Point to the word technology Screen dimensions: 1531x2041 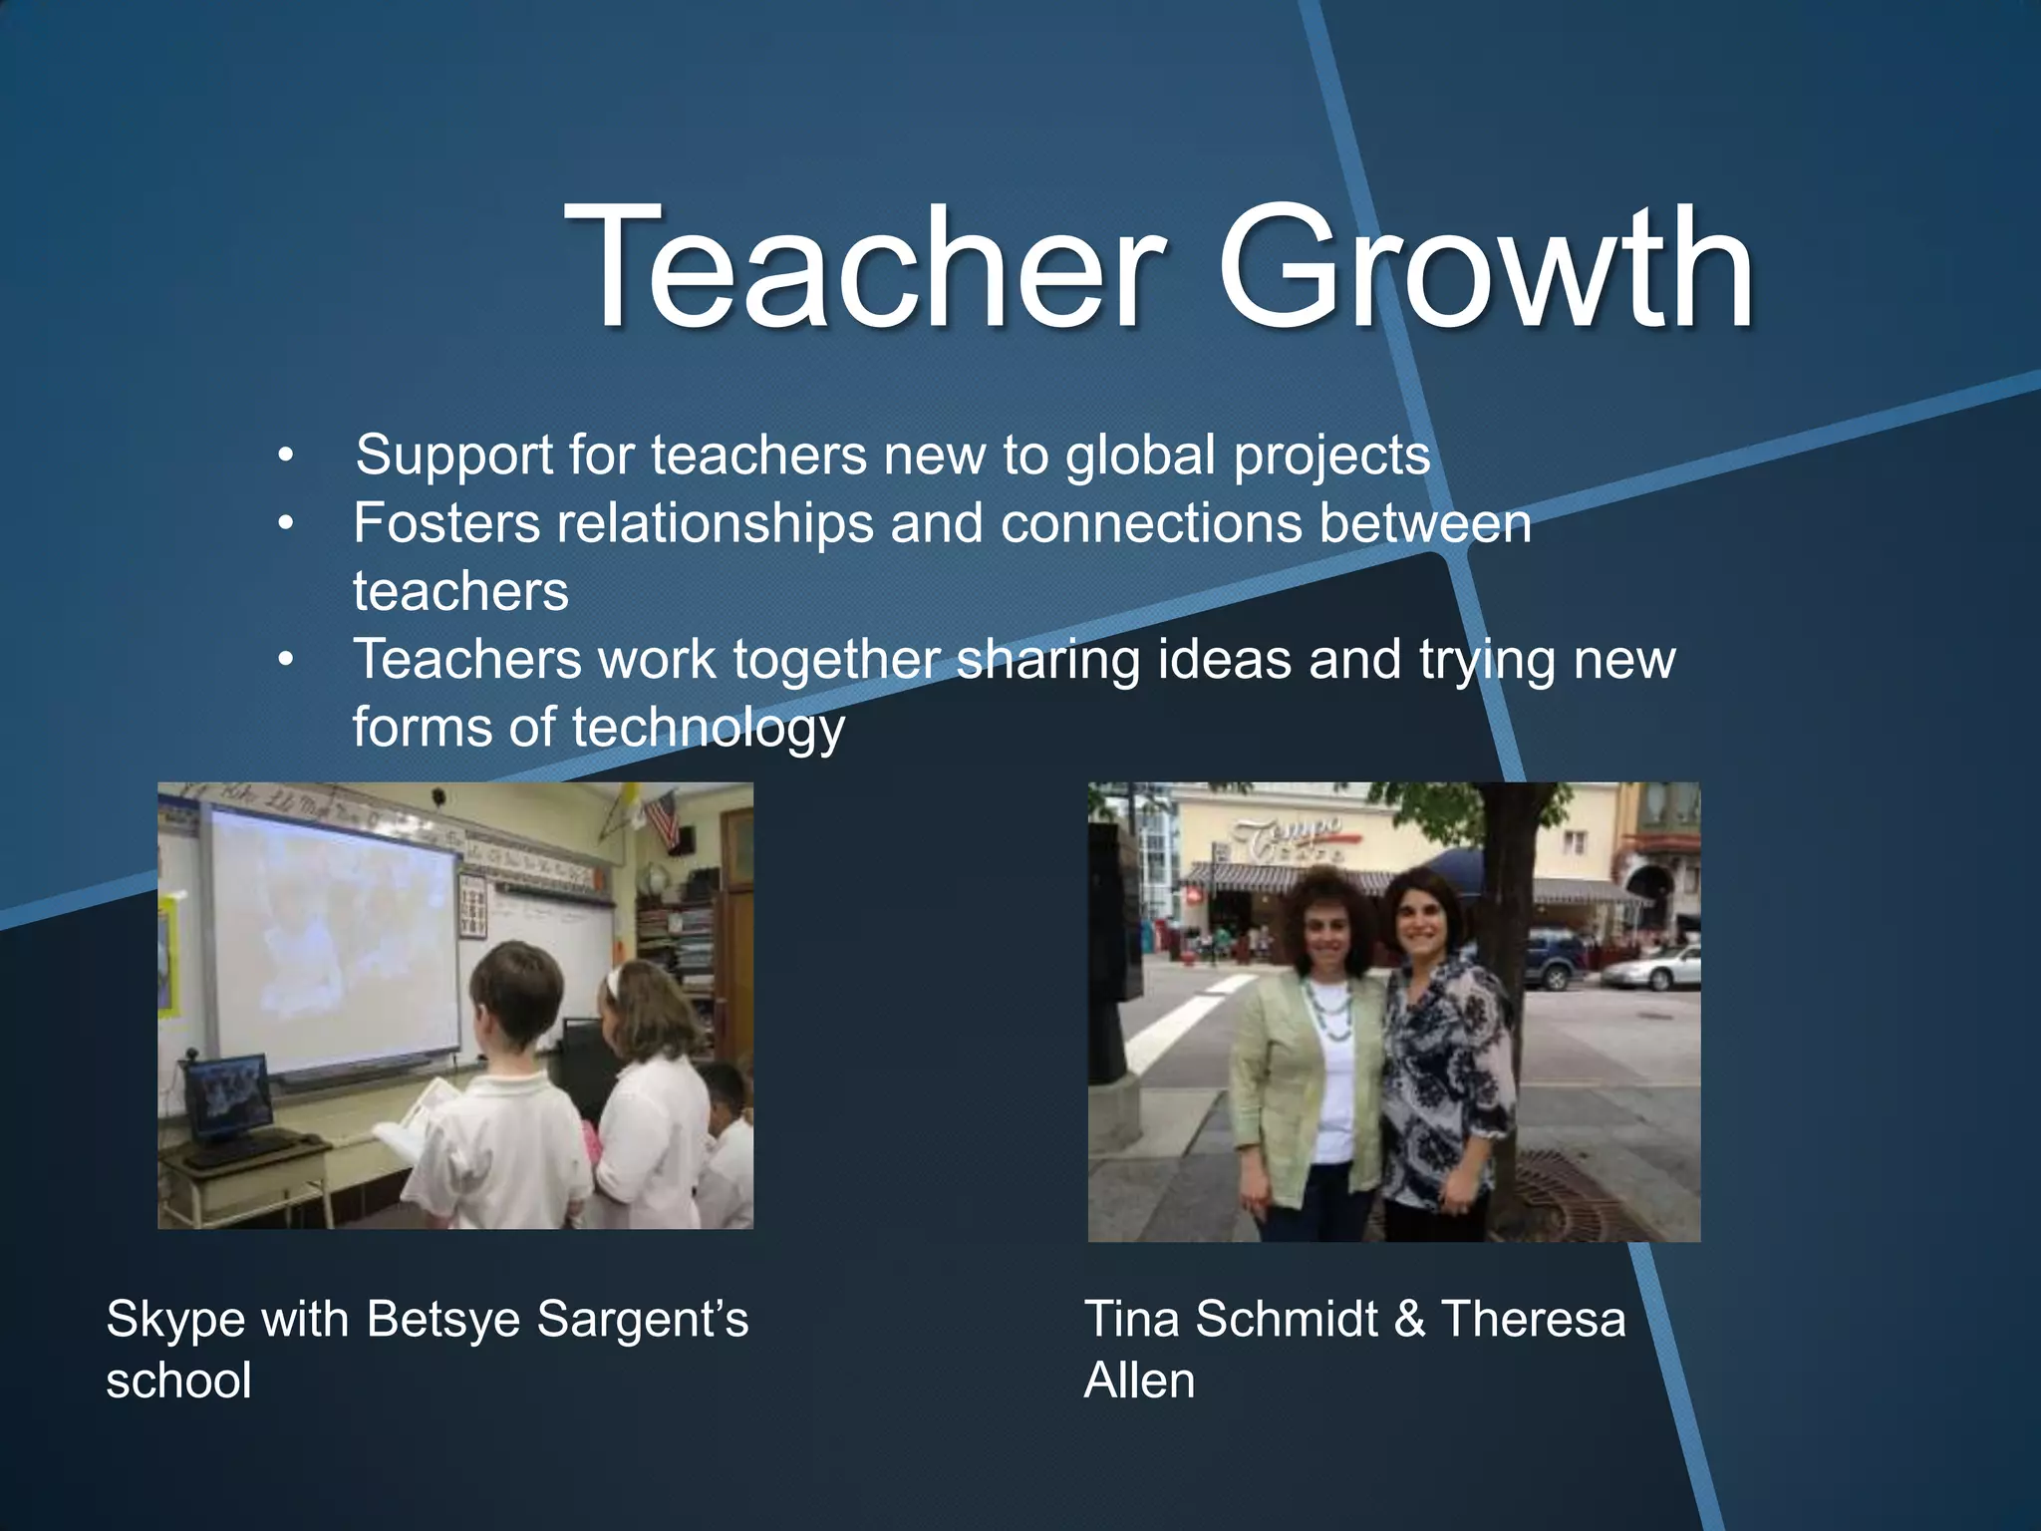pyautogui.click(x=709, y=728)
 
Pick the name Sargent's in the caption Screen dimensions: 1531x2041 pyautogui.click(x=642, y=1319)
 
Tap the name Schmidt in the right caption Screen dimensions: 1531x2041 pyautogui.click(x=1287, y=1319)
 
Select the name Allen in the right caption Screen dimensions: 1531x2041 pyautogui.click(x=1139, y=1381)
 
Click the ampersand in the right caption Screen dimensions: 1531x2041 pyautogui.click(x=1409, y=1319)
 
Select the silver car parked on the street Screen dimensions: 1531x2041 pyautogui.click(x=1652, y=968)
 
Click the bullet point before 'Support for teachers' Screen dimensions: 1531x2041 pyautogui.click(x=286, y=457)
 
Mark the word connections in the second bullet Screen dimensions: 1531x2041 pyautogui.click(x=1151, y=523)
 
